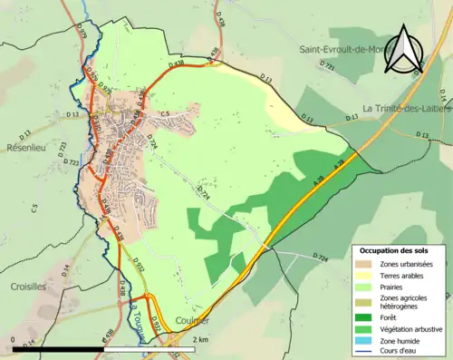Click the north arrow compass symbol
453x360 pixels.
(x=404, y=50)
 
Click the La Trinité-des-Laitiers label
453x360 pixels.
(x=406, y=109)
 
